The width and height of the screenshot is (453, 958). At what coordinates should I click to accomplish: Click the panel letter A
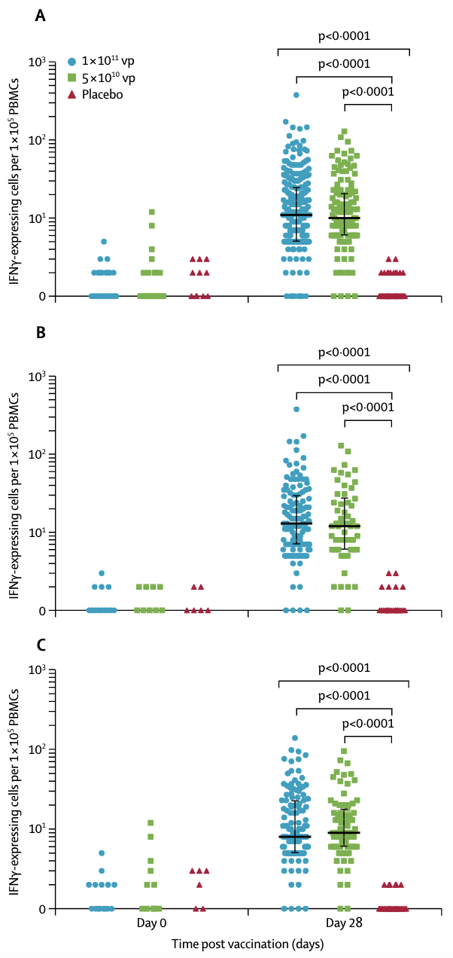[x=41, y=15]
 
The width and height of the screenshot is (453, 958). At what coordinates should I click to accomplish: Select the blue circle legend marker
[x=71, y=61]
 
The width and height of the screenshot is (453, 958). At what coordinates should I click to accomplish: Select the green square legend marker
[x=71, y=78]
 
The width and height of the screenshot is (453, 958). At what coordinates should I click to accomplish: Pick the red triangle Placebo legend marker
[x=71, y=95]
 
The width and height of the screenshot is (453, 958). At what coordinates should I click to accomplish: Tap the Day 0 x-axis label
[x=152, y=923]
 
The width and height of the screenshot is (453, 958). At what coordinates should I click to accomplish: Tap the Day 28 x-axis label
[x=344, y=923]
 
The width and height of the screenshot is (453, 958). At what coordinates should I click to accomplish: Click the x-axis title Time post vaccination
[x=236, y=944]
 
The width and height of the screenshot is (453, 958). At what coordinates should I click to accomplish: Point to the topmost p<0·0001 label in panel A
[x=343, y=35]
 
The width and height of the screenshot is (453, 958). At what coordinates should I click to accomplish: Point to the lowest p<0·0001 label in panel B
[x=367, y=407]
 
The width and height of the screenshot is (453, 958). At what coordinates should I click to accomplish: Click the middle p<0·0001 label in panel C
[x=343, y=694]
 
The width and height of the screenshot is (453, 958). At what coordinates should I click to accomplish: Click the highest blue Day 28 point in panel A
[x=296, y=95]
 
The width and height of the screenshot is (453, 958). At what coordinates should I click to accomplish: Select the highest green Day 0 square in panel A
[x=152, y=212]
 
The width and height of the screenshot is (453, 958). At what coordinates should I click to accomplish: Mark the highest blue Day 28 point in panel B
[x=296, y=409]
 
